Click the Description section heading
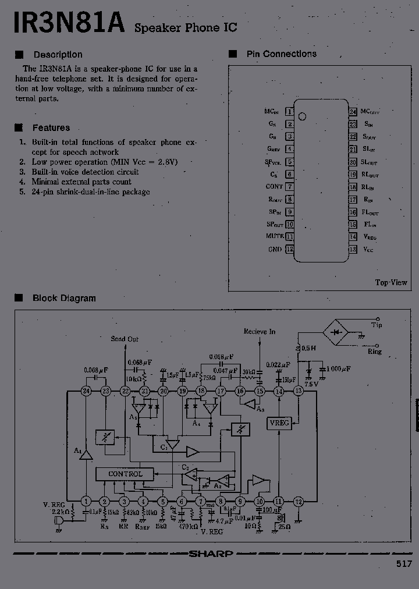coord(58,55)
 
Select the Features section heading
coord(51,128)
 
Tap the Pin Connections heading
coord(282,54)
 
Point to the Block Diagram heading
coord(64,298)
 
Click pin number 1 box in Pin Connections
coord(290,111)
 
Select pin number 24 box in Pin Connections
coord(353,111)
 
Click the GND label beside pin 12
coord(275,249)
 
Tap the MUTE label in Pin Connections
coord(275,236)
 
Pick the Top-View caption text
coord(391,282)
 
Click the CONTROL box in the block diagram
coord(125,474)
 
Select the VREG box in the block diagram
coord(279,424)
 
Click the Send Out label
coord(125,339)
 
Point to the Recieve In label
coord(260,331)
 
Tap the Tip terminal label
coord(377,325)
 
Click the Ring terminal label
coord(375,352)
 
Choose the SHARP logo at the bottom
coord(211,553)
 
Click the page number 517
coord(404,563)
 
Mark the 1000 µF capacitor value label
coord(338,369)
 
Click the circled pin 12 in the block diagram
coord(298,501)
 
